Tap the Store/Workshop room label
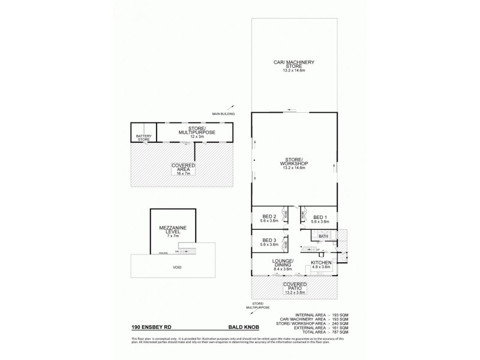(294, 164)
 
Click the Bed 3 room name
(269, 242)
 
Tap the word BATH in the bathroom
(323, 236)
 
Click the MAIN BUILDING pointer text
(223, 113)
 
